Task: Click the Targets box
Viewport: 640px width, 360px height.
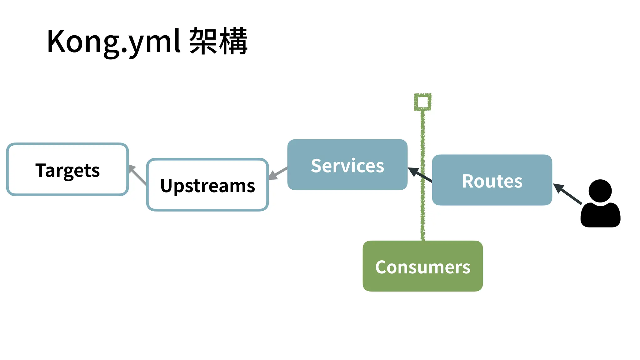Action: tap(67, 169)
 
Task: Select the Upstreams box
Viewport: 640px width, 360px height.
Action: tap(207, 185)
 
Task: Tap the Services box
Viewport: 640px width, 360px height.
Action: tap(347, 165)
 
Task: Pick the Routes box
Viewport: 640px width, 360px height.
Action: tap(492, 180)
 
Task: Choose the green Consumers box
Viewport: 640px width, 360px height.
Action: tap(422, 266)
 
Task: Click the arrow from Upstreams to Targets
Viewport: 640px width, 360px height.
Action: tap(137, 175)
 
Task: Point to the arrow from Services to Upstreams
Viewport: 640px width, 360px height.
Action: tap(278, 173)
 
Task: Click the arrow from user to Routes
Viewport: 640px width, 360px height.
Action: tap(567, 194)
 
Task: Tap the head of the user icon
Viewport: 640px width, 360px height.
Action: tap(600, 191)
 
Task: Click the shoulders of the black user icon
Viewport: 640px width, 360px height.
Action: tap(600, 216)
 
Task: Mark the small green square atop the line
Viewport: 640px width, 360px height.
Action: tap(422, 102)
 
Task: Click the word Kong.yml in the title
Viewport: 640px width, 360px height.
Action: tap(114, 42)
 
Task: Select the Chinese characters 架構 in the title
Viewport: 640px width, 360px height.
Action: tap(218, 42)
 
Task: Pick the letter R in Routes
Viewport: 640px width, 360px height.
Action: tap(468, 181)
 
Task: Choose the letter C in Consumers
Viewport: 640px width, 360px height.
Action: tap(381, 267)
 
